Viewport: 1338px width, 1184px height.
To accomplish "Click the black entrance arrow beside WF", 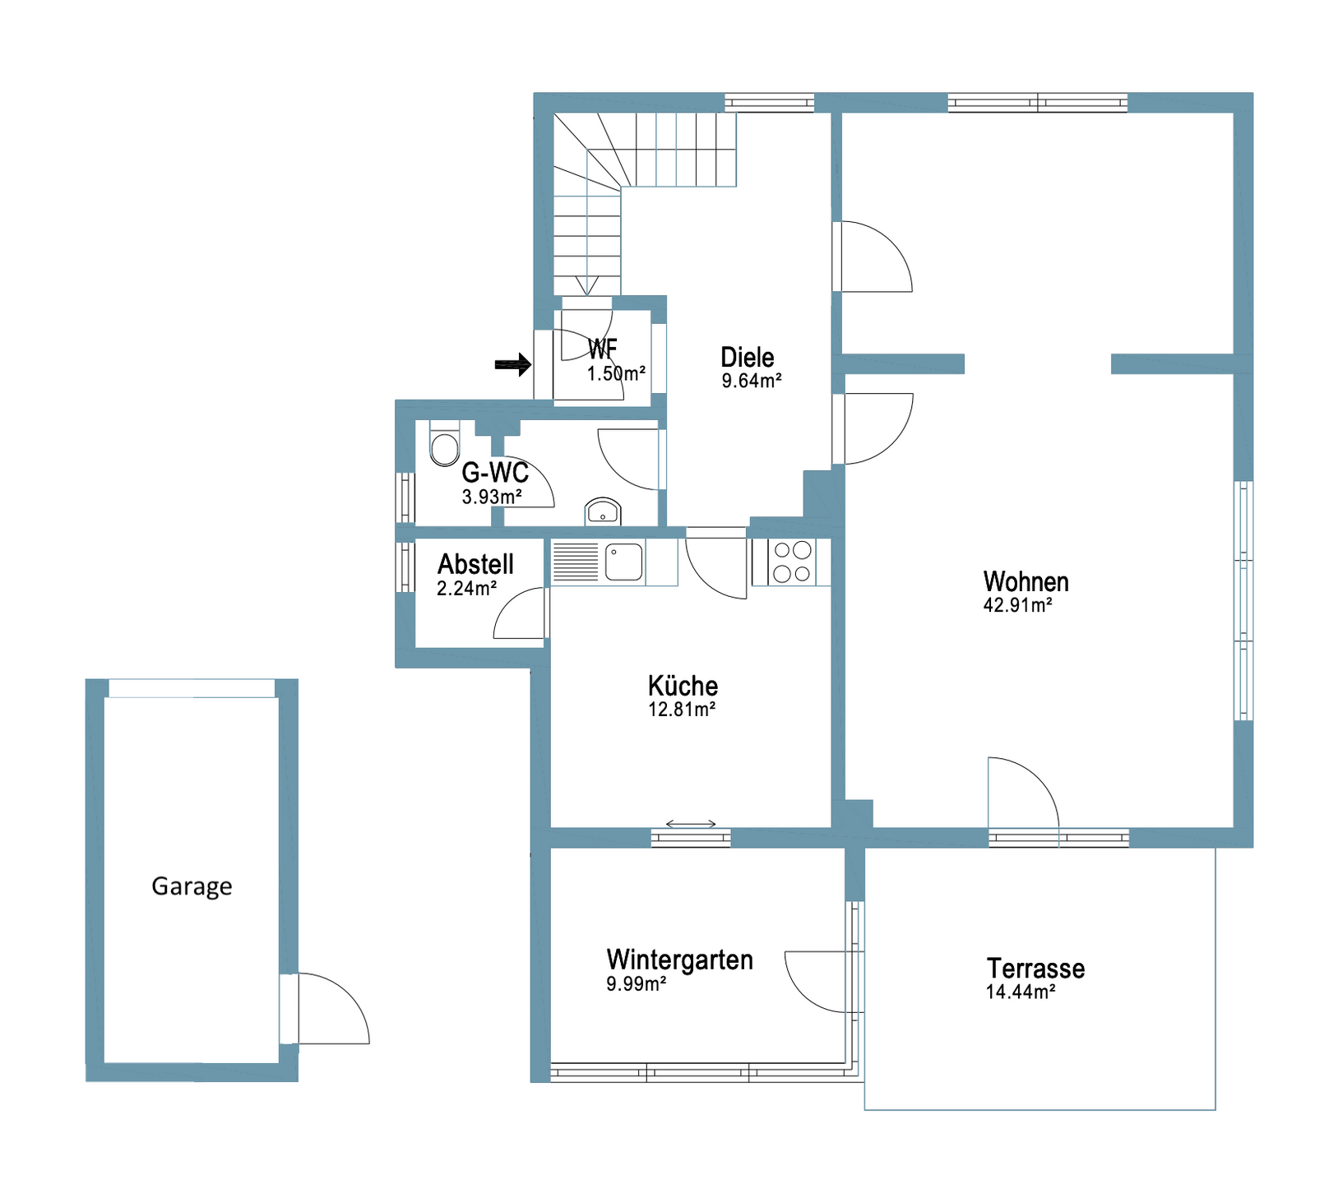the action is [513, 363].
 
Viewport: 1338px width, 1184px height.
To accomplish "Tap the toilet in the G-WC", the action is [444, 444].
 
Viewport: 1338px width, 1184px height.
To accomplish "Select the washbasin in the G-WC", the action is [603, 511].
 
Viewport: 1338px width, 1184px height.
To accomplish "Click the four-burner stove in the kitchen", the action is [792, 562].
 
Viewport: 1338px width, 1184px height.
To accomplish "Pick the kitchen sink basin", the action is [624, 562].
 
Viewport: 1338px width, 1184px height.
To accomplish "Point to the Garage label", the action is [192, 886].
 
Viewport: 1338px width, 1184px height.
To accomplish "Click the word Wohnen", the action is [1025, 581].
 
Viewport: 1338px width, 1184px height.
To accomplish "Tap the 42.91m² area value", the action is [1017, 605].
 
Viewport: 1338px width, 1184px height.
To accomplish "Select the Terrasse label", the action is [1035, 968].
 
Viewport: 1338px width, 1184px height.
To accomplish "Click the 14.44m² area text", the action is [1021, 992].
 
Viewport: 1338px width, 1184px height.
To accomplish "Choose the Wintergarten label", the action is [679, 960].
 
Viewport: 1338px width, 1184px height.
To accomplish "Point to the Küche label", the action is [683, 686].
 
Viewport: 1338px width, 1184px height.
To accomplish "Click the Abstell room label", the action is [475, 564].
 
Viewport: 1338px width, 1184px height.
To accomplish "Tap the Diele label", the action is [747, 357].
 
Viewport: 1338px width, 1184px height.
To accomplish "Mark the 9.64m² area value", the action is [752, 381].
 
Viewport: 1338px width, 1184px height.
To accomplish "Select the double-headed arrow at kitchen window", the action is [691, 824].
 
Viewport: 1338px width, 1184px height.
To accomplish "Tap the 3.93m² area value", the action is [492, 497].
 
